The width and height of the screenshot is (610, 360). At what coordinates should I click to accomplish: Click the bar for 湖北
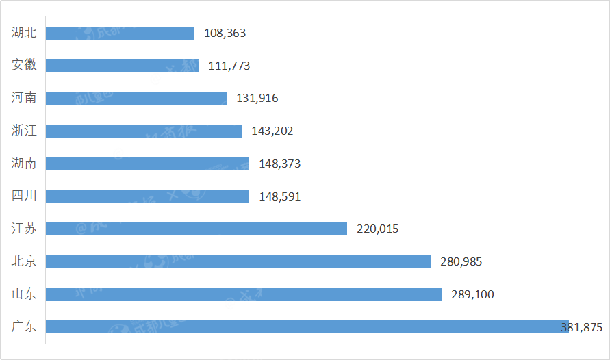click(x=120, y=33)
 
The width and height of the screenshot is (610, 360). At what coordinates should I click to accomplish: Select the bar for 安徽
click(x=122, y=66)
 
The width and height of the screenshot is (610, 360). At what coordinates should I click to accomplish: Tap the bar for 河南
click(x=136, y=98)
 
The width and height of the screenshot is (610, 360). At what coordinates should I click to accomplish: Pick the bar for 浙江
click(x=144, y=131)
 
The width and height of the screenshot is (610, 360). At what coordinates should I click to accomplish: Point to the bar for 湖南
click(x=147, y=164)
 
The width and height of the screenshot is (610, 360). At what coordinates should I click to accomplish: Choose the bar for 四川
click(x=147, y=196)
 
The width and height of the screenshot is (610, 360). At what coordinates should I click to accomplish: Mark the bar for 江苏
click(x=196, y=229)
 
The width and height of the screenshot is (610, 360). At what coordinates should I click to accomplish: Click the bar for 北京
click(x=238, y=261)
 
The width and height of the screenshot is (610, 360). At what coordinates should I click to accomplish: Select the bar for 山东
click(x=244, y=294)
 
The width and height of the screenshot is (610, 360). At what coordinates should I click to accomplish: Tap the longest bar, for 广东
click(x=307, y=327)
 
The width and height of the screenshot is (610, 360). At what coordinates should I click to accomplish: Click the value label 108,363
click(x=225, y=33)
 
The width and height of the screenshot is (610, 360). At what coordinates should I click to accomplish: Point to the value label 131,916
click(x=257, y=98)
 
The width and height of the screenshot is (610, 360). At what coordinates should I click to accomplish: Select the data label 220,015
click(x=378, y=229)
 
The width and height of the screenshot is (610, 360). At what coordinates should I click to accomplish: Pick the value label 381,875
click(x=581, y=327)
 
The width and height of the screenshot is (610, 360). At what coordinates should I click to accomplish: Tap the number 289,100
click(x=472, y=294)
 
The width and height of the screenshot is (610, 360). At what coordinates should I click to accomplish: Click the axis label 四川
click(x=25, y=196)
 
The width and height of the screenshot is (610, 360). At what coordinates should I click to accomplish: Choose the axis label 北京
click(x=25, y=261)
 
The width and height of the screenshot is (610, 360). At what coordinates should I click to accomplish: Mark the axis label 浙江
click(x=25, y=130)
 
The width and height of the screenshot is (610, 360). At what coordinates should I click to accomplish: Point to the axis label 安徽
click(x=25, y=65)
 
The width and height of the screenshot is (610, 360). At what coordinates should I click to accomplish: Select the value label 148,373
click(x=280, y=164)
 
